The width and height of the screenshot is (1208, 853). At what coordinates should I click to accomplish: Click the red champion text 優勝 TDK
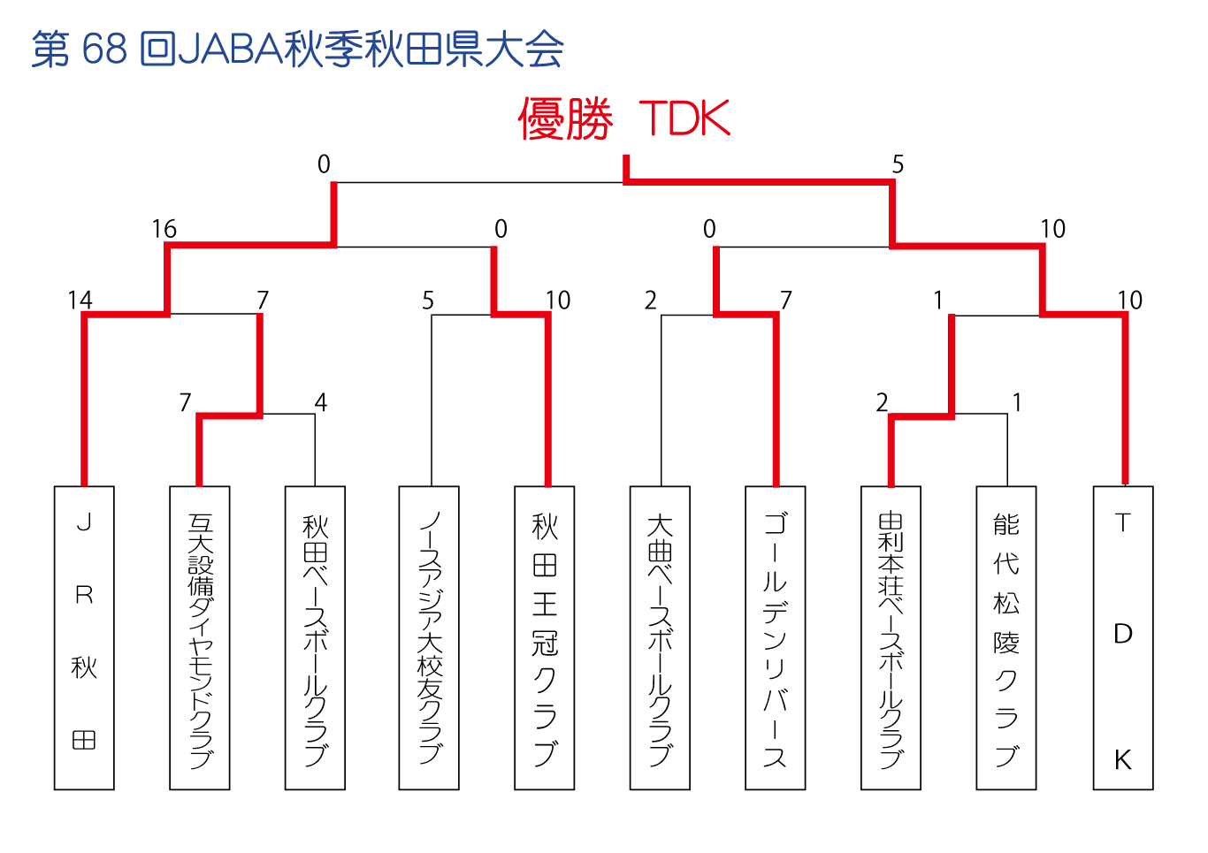tap(624, 118)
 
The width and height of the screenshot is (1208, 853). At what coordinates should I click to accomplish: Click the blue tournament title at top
tap(298, 50)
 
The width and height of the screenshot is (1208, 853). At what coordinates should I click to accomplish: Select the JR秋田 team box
tap(84, 638)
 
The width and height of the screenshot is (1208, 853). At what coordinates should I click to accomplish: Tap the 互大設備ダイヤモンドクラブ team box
tap(200, 638)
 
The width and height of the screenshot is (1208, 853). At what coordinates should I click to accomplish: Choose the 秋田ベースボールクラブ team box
tap(315, 638)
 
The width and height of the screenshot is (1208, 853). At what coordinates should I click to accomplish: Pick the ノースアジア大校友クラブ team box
tap(429, 638)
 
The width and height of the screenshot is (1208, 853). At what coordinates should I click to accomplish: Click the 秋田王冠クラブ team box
tap(544, 638)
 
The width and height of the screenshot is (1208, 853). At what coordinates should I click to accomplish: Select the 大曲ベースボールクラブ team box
tap(660, 638)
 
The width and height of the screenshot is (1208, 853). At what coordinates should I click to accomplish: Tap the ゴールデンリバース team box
tap(775, 638)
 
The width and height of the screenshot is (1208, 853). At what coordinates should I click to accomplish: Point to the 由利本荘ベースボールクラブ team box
tap(891, 638)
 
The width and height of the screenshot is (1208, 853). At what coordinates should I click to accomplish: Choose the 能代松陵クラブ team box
tap(1005, 638)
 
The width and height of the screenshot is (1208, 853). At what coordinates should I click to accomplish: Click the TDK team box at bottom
tap(1123, 638)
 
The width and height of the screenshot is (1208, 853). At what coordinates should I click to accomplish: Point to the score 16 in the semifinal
tap(164, 229)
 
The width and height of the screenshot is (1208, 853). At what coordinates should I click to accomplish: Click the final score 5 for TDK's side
tap(898, 164)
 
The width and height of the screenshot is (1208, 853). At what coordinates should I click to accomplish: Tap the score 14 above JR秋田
tap(80, 301)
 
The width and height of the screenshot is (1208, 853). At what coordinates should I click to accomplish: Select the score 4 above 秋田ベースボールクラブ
tap(321, 402)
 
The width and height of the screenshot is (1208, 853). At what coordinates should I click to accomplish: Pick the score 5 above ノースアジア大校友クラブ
tap(428, 301)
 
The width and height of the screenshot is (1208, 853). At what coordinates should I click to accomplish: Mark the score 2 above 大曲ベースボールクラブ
tap(650, 301)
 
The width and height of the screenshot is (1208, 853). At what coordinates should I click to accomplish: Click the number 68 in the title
tap(104, 50)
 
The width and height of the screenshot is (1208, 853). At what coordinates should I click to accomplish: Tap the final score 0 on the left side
tap(324, 164)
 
